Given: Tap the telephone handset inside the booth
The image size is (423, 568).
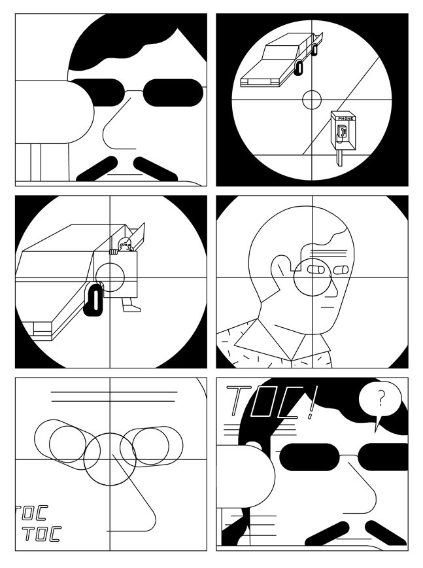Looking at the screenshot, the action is pos(341,133).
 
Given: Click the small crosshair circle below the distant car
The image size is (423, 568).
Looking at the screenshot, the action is pos(312,99).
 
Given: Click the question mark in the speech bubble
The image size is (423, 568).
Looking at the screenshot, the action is pos(381,397).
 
